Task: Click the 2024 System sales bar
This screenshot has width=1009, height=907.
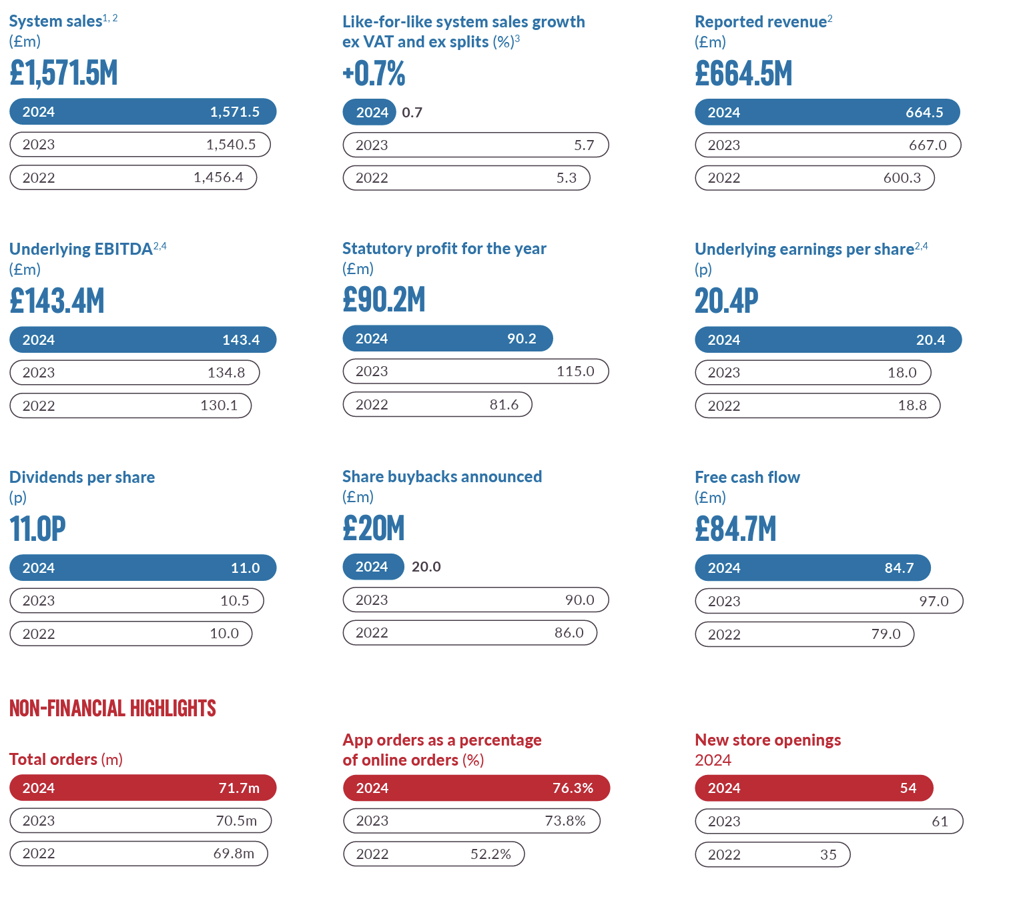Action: [x=143, y=111]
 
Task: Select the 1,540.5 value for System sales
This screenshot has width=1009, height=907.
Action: [x=231, y=145]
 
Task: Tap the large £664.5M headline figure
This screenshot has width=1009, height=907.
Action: [x=743, y=73]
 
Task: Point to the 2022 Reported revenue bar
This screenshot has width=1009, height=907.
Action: [x=814, y=178]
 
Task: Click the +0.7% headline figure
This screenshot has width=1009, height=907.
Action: [x=374, y=73]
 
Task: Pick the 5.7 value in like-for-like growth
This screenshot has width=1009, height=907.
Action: [x=584, y=145]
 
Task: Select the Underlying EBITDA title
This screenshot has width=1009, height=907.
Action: [x=81, y=249]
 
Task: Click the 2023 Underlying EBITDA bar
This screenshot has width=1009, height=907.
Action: [x=134, y=373]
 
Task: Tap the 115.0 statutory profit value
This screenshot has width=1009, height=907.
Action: [x=575, y=371]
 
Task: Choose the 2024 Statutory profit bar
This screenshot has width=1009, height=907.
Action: [x=447, y=339]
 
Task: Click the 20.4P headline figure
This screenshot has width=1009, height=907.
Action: [x=726, y=301]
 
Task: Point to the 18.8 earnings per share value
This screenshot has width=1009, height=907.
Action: [x=912, y=405]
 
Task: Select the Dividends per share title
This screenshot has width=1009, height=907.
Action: [x=82, y=478]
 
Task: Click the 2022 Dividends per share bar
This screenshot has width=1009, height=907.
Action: [x=131, y=634]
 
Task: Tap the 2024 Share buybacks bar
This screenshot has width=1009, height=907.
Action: [x=373, y=567]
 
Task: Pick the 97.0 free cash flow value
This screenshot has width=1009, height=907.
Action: [x=934, y=602]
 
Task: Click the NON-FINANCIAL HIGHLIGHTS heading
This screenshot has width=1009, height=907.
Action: [x=113, y=708]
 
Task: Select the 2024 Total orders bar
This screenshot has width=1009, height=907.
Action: [x=143, y=788]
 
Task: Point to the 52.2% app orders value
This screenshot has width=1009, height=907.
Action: [x=490, y=854]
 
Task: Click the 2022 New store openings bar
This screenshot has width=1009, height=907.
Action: [x=772, y=855]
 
